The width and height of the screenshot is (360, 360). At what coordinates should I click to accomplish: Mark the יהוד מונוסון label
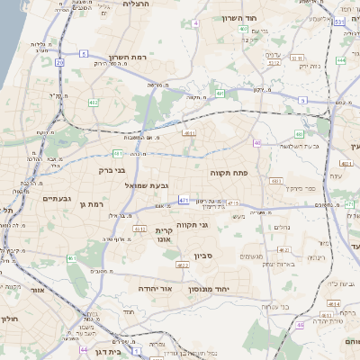[209, 290]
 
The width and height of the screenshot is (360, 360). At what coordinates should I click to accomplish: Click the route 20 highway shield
[59, 63]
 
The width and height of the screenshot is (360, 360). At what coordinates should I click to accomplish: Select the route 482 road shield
[94, 103]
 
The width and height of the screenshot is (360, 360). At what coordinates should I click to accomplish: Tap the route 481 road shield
[118, 153]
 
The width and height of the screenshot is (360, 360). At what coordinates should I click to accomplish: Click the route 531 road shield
[339, 21]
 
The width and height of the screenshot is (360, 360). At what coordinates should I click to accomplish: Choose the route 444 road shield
[341, 61]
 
